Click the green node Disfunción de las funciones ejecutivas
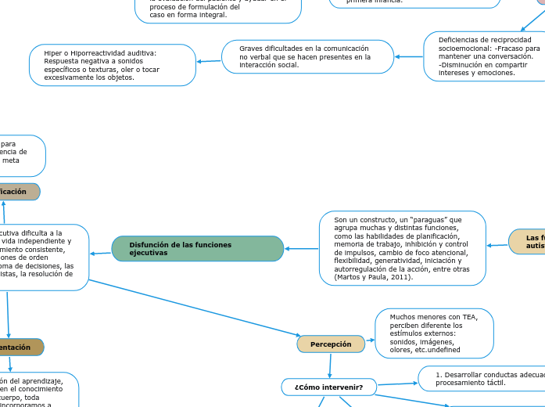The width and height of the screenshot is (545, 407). tap(197, 249)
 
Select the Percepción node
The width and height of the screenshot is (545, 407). tap(331, 344)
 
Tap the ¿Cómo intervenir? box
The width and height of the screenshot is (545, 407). tap(328, 387)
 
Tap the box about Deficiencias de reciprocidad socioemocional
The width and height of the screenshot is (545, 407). tap(483, 56)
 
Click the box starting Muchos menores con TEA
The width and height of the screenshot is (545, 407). tap(434, 333)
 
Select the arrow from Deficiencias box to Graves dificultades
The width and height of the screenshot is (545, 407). tap(408, 56)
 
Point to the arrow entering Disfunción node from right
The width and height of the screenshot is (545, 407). tap(301, 249)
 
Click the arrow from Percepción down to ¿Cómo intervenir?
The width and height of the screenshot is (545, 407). tap(330, 365)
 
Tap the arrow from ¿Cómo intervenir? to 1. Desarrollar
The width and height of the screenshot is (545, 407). tap(396, 384)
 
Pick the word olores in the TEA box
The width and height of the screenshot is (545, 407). tap(403, 351)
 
